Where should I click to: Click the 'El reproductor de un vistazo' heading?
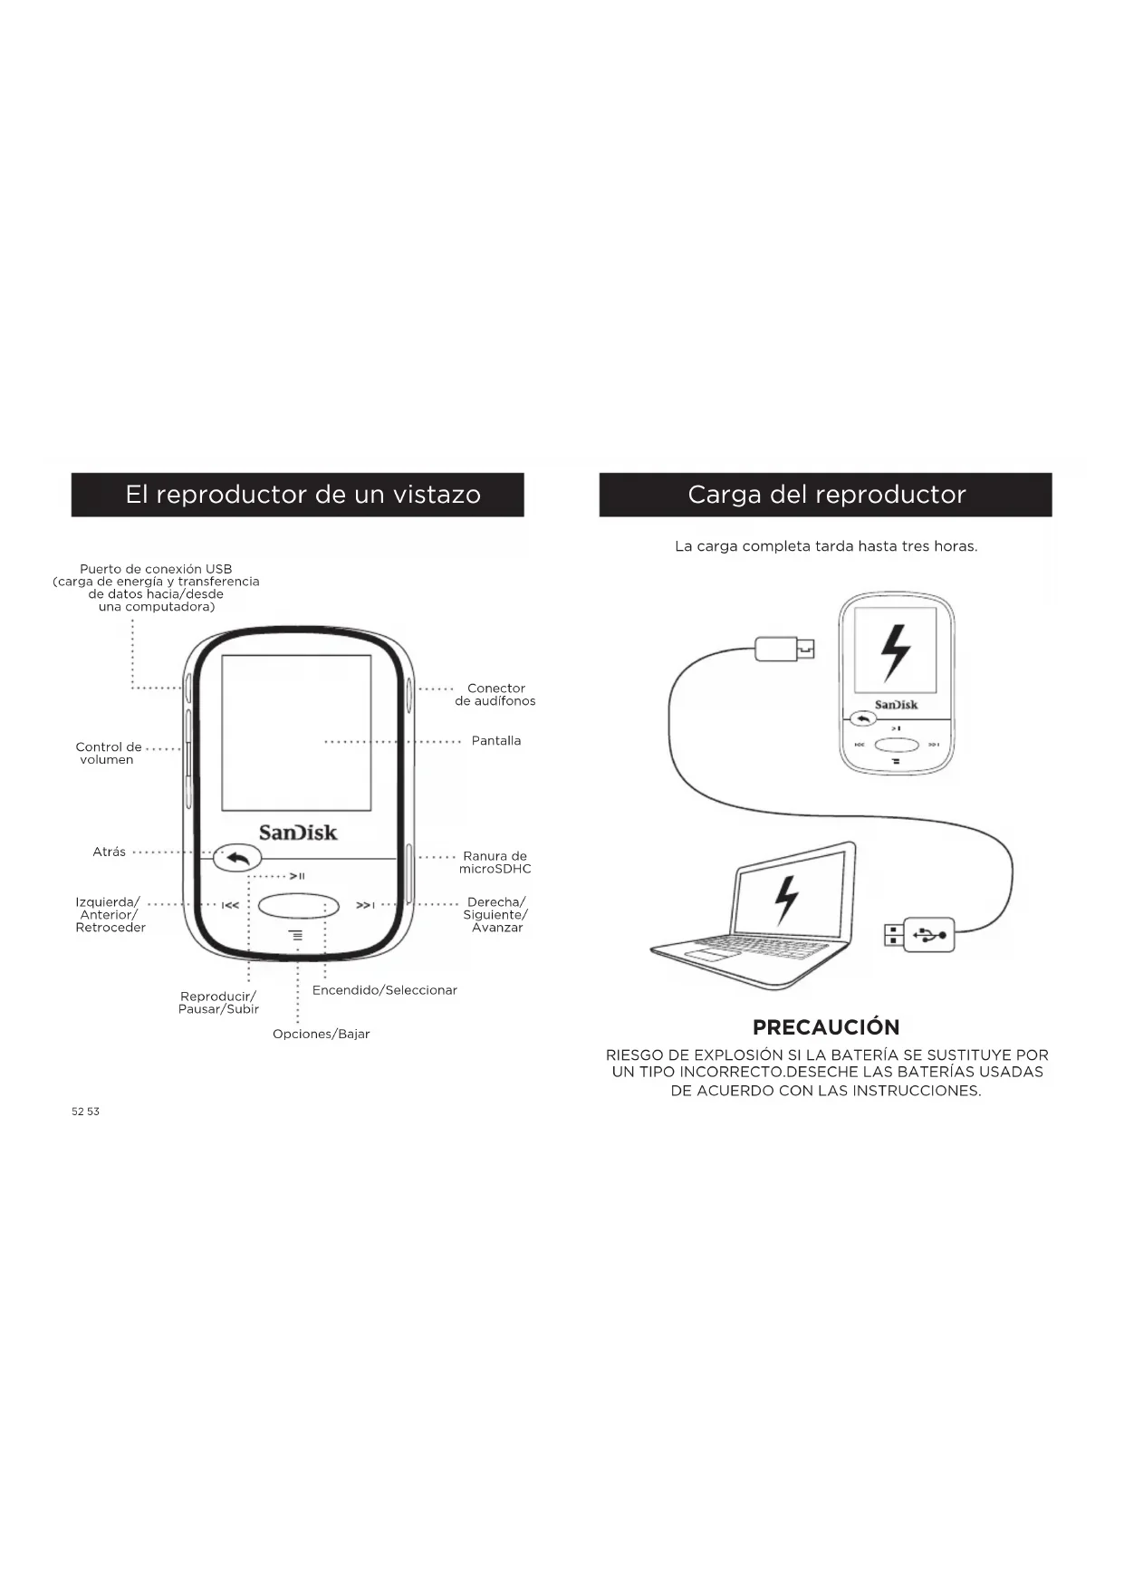click(303, 495)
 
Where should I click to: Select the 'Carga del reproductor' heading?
click(826, 495)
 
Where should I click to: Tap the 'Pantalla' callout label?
click(495, 741)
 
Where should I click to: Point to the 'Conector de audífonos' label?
click(495, 695)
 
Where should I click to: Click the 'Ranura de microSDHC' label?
click(495, 862)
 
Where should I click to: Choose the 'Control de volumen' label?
click(108, 754)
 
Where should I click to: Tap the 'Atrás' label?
click(109, 852)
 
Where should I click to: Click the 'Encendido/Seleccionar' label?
click(384, 990)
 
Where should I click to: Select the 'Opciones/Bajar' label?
click(321, 1034)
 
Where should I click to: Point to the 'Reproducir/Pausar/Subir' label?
click(218, 1003)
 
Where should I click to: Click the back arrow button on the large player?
click(237, 858)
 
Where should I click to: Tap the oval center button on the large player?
click(298, 905)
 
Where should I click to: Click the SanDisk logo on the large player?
click(298, 833)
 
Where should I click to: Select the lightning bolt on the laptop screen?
click(786, 900)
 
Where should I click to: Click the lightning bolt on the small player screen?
click(895, 652)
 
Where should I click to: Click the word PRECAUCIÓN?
click(826, 1027)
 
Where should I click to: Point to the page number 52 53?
click(85, 1112)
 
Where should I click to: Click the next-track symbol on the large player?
click(365, 905)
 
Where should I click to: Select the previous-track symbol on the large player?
click(231, 905)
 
